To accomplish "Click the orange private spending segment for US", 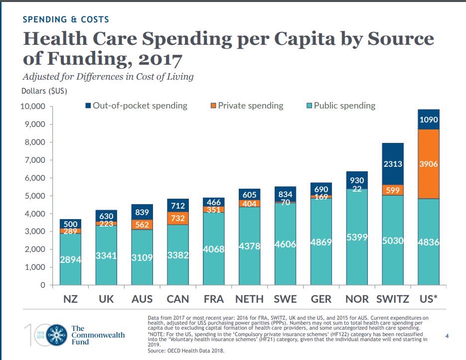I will (429, 164).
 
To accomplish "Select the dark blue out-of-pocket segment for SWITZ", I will (393, 164).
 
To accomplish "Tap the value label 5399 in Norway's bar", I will (357, 238).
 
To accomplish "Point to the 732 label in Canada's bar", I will (177, 219).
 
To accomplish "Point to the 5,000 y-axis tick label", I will (34, 196).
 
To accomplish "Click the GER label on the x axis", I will (321, 299).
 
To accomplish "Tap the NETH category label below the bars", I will (249, 299).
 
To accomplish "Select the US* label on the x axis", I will (429, 299).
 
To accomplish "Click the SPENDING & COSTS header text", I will (66, 19).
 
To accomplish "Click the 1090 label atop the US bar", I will (429, 120).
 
